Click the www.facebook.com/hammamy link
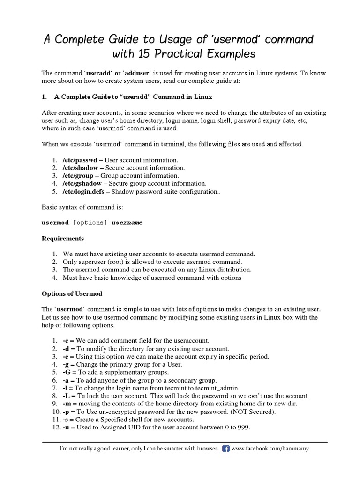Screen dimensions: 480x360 coord(270,449)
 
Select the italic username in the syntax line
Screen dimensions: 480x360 coord(127,223)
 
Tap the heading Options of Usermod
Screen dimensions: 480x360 coord(72,293)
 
